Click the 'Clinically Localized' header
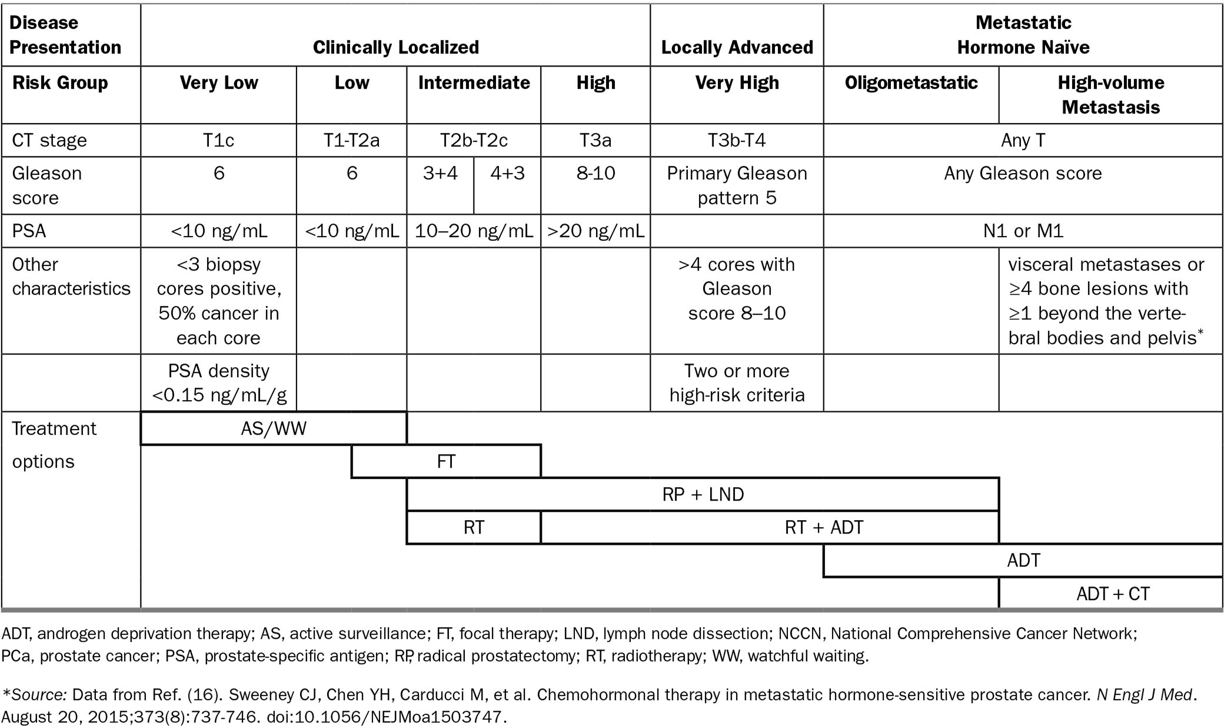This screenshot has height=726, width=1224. [x=395, y=47]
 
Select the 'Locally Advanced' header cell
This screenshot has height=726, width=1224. [x=737, y=47]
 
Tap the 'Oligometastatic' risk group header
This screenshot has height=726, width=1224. [x=911, y=82]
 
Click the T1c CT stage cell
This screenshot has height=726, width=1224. [x=218, y=140]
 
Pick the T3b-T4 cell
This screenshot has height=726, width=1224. [x=737, y=140]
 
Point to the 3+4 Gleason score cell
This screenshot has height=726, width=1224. [x=440, y=174]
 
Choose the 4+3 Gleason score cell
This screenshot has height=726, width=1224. [x=507, y=174]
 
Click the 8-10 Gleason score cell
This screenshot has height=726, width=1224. [x=596, y=174]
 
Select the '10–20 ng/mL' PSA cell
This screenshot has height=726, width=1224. [x=474, y=231]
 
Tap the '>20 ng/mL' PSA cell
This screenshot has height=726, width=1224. [x=596, y=231]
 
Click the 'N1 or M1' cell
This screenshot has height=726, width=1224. [x=1023, y=231]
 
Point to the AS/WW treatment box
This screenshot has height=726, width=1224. [x=274, y=428]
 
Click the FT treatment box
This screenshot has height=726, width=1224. [x=446, y=461]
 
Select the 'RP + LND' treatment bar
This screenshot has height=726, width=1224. [x=703, y=494]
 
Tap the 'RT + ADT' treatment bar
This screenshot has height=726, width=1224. [x=824, y=527]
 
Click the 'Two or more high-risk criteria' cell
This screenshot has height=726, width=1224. [x=737, y=382]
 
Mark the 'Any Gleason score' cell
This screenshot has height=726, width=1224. [x=1023, y=174]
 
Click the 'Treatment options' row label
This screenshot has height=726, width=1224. [x=54, y=445]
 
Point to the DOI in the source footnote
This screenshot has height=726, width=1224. [x=386, y=717]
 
